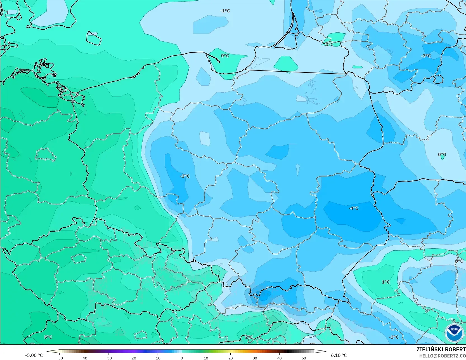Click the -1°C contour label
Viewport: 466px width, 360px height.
tap(225, 11)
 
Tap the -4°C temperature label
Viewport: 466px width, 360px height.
tap(353, 208)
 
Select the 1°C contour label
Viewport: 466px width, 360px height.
tap(386, 282)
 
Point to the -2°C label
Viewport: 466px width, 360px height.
tap(394, 337)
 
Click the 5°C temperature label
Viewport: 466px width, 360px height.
tap(48, 337)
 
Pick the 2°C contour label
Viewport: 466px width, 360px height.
tap(249, 337)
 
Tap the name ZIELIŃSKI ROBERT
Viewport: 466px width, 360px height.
tap(441, 349)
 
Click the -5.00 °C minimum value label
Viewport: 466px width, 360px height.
tap(34, 355)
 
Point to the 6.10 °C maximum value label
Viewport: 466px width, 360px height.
tap(339, 355)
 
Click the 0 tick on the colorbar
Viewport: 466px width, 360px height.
tap(182, 358)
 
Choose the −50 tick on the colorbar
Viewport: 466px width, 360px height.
tap(59, 358)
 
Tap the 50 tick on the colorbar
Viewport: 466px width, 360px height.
tap(304, 358)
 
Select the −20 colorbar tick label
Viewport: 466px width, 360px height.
tap(133, 358)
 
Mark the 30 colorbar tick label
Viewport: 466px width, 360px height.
tap(255, 358)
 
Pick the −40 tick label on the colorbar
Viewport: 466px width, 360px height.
tap(84, 358)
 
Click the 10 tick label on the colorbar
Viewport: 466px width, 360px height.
tap(206, 358)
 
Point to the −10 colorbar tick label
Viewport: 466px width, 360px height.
tap(157, 358)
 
